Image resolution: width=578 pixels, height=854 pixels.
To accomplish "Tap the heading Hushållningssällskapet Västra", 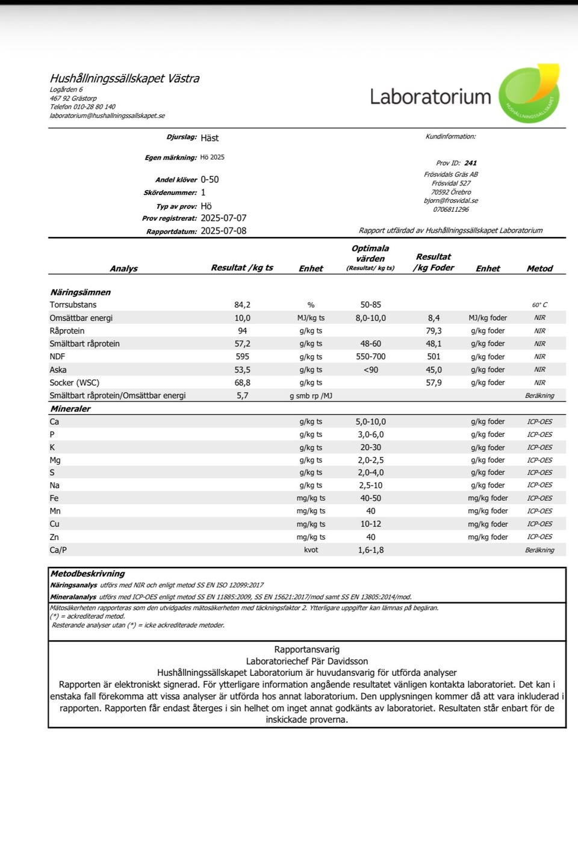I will coord(125,78).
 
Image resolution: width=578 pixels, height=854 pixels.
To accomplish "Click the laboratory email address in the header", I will coord(107,116).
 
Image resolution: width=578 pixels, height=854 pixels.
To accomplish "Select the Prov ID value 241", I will coord(471,163).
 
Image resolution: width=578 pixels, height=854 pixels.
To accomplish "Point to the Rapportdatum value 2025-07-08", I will coord(223,231).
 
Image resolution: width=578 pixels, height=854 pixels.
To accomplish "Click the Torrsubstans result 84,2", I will coord(243,305).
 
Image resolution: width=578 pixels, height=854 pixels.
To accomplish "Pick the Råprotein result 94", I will coord(243,331).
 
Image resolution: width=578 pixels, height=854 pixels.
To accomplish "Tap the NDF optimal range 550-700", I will coord(371,357).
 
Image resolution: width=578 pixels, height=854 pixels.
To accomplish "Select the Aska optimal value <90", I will coord(371,370).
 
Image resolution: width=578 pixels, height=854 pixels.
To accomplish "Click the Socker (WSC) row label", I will coord(75,383).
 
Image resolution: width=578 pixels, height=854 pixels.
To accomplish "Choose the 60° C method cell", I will coord(539,305).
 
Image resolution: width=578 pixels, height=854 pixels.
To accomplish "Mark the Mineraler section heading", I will coord(70,409).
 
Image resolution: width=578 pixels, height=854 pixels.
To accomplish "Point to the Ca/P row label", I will coord(58,550).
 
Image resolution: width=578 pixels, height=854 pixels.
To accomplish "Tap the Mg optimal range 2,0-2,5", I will coord(371,460).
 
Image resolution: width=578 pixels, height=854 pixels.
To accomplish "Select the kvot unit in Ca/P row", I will coord(311,550).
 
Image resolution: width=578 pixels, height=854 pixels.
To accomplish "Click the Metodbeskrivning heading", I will coord(88,574).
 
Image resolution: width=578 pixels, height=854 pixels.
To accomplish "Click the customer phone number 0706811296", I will coord(451,209).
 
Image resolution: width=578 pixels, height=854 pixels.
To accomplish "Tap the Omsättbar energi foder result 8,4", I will coord(434,318).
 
